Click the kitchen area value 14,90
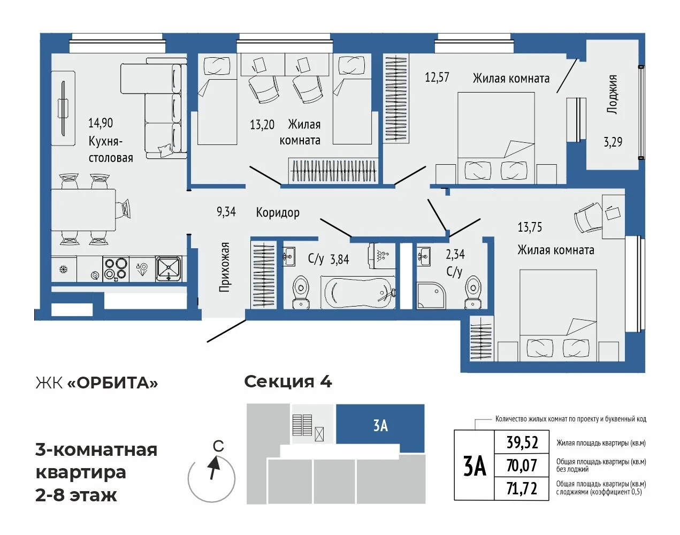coord(101,123)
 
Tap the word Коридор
coord(278,212)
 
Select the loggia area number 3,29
coord(613,142)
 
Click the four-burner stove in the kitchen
coord(116,269)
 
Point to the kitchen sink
coord(169,269)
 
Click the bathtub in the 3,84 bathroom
coord(358,293)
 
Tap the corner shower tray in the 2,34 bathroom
coord(431,296)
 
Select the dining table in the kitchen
coord(83,210)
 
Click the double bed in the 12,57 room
coord(496,138)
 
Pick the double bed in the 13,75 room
coord(558,315)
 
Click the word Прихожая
coord(224,267)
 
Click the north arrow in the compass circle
coord(214,468)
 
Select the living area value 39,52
coord(522,442)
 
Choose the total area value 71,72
coord(522,489)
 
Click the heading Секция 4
coord(288,382)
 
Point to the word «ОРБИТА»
coord(113,383)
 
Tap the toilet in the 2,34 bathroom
coord(473,292)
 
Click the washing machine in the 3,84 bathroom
coord(382,256)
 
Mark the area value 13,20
coord(262,125)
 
